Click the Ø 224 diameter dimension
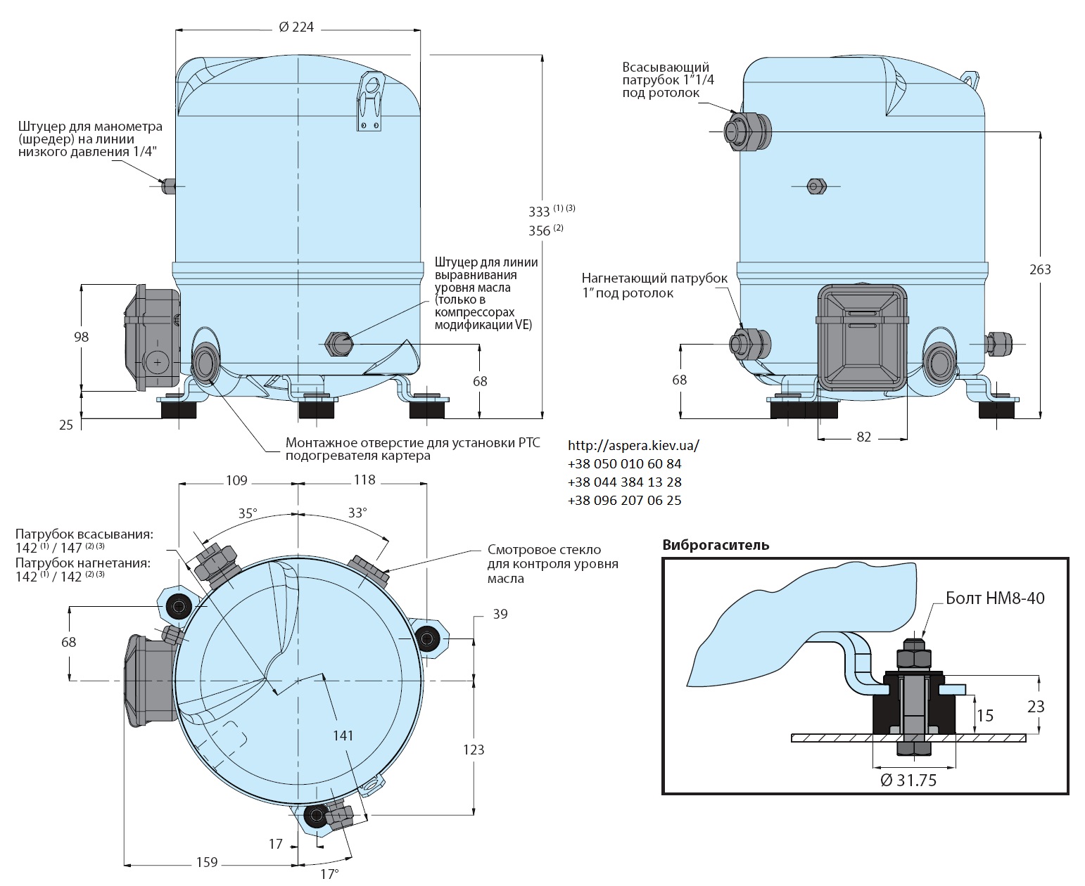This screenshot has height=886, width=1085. tap(296, 27)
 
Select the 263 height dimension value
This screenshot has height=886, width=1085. tap(1040, 269)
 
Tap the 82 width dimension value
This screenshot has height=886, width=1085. tap(864, 437)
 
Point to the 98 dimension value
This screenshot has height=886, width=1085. tap(82, 337)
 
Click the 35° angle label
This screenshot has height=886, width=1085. tap(248, 513)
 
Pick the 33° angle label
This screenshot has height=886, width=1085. tap(357, 513)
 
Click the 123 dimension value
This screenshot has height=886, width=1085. tap(474, 749)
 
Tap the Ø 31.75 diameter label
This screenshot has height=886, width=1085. tap(908, 780)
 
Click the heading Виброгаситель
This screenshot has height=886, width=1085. tap(716, 545)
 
